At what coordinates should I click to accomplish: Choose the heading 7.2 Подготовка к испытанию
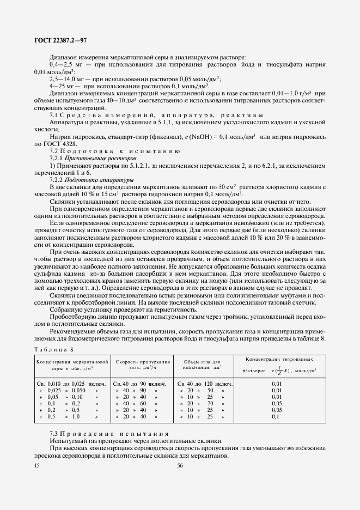point(118,150)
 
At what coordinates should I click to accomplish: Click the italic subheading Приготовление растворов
point(93,157)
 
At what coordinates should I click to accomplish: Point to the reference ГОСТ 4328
point(64,143)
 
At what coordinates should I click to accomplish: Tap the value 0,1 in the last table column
point(275,416)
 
